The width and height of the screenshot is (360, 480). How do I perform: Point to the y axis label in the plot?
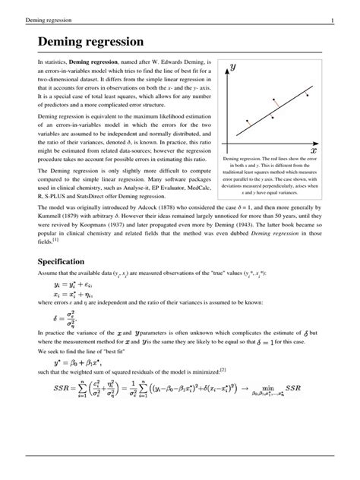pyautogui.click(x=232, y=67)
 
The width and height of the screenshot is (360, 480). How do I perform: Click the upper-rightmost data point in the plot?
pyautogui.click(x=306, y=96)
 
